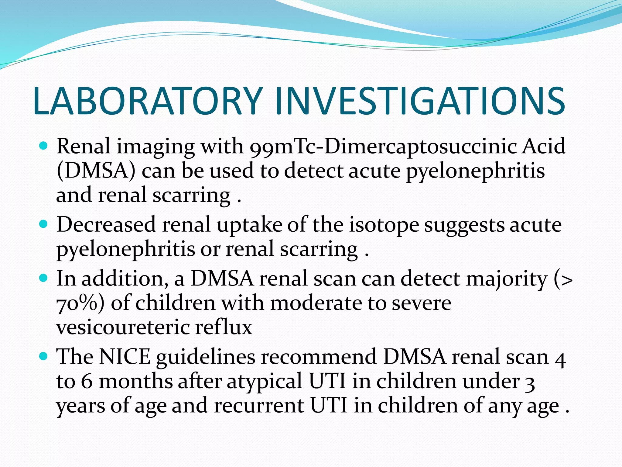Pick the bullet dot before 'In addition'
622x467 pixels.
(x=44, y=278)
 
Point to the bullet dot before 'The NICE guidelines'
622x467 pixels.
(x=44, y=356)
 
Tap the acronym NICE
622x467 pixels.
(x=125, y=357)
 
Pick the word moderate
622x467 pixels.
(x=316, y=303)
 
